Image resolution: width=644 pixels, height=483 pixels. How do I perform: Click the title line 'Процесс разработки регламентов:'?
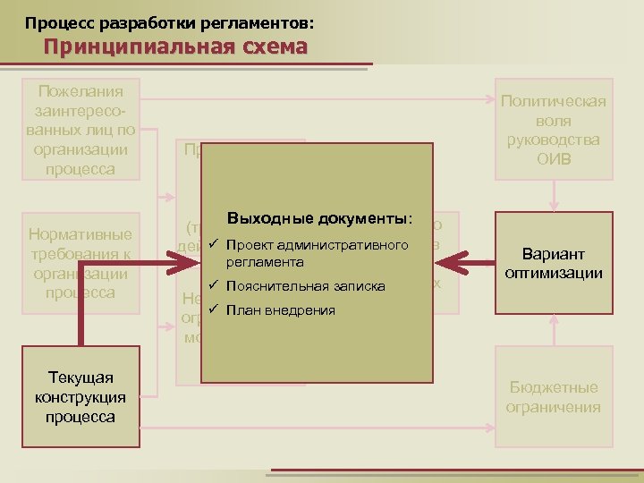(x=169, y=19)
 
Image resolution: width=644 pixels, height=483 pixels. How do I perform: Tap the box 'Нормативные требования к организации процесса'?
(x=81, y=263)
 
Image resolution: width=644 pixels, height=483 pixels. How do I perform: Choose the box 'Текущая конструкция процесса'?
(x=81, y=397)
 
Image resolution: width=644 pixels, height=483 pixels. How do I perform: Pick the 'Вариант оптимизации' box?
(x=554, y=263)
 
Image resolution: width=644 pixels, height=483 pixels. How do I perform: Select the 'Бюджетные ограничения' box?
(x=554, y=396)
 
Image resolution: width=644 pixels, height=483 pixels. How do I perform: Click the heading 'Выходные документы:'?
(x=320, y=218)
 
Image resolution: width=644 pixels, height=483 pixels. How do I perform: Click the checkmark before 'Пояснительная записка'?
(x=213, y=286)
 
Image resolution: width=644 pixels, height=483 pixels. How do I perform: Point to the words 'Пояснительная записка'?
(x=306, y=286)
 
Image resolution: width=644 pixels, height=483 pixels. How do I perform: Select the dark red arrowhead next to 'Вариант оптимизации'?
(x=453, y=263)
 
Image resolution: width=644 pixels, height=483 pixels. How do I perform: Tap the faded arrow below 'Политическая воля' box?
(x=555, y=195)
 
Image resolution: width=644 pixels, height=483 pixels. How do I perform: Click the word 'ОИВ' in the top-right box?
(x=554, y=160)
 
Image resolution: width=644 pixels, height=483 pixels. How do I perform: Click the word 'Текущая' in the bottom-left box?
(x=81, y=377)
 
